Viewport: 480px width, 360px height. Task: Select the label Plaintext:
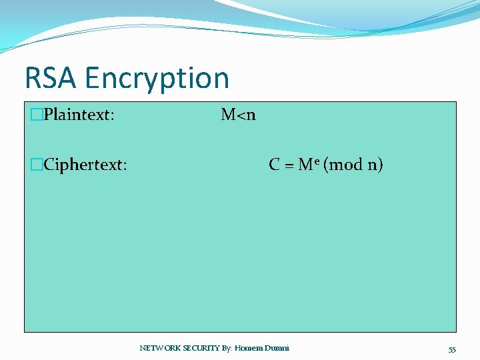coord(79,115)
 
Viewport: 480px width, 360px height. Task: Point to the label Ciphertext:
coord(85,165)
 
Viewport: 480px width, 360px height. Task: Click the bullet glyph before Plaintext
coord(37,115)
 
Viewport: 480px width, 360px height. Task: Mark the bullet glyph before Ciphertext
coord(37,165)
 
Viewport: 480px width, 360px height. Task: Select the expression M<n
coord(238,115)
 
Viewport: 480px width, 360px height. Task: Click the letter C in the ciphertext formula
coord(274,165)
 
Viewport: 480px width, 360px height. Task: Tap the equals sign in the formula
coord(289,165)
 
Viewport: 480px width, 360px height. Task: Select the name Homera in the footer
coord(251,348)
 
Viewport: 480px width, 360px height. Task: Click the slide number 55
coord(452,349)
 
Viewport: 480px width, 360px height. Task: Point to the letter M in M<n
coord(228,115)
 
